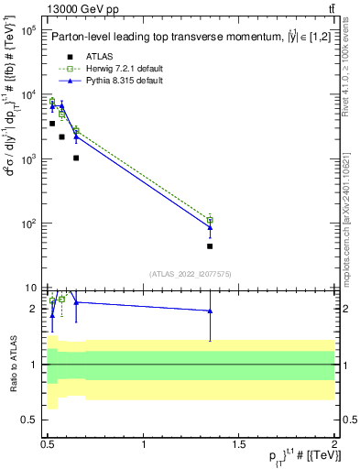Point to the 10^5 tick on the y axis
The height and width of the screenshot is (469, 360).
[x=27, y=30]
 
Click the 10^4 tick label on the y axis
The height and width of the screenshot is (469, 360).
[x=27, y=95]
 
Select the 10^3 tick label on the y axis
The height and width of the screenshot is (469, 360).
[x=27, y=159]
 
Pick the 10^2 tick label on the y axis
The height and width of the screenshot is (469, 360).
[x=27, y=224]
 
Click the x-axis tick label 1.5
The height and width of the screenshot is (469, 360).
[x=239, y=443]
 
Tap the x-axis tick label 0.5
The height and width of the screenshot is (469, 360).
[x=49, y=443]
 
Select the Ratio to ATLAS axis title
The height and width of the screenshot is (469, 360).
[x=12, y=365]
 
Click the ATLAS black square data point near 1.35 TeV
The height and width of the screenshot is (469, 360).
[x=210, y=245]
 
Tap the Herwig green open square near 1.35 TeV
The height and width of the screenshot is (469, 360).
[x=210, y=220]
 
